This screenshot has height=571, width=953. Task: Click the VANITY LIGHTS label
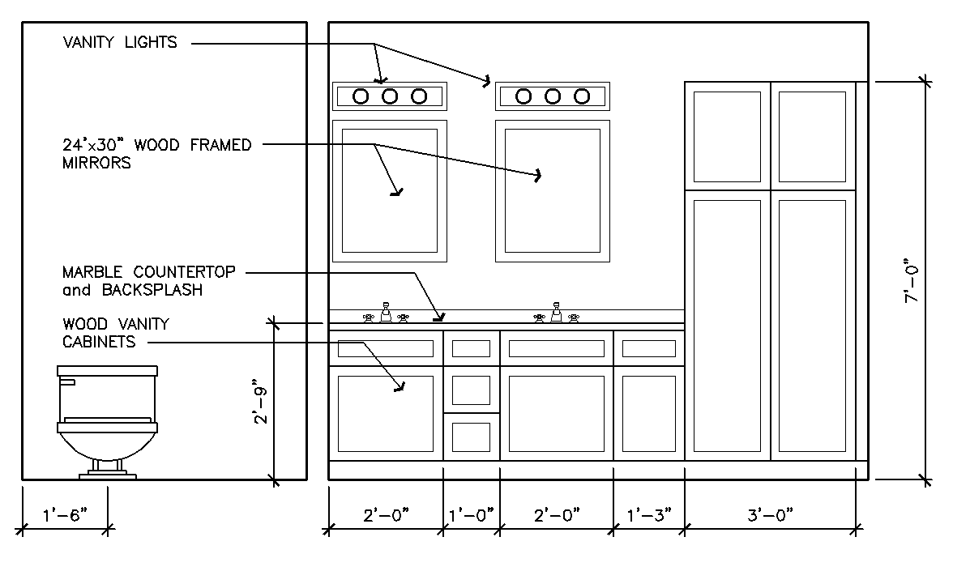tap(119, 42)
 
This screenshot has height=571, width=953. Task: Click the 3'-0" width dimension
tap(770, 515)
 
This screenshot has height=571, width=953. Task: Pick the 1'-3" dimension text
tap(648, 515)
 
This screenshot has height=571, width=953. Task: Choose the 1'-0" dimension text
tap(471, 515)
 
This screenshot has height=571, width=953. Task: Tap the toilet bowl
tap(107, 441)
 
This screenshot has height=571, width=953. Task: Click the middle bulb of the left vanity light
tap(390, 96)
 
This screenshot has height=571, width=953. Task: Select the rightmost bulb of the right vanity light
tap(581, 96)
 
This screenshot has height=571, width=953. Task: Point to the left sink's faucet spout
tap(386, 312)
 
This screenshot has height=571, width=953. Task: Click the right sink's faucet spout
tap(556, 312)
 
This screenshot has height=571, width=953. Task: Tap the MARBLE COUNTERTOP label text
tap(149, 272)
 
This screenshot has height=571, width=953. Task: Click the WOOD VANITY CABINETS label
tap(116, 332)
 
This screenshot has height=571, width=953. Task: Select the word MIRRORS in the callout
tap(96, 163)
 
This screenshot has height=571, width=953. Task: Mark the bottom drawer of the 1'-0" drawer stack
tap(471, 437)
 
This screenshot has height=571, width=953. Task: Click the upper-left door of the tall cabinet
tap(727, 136)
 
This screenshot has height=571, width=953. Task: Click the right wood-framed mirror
tap(553, 190)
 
